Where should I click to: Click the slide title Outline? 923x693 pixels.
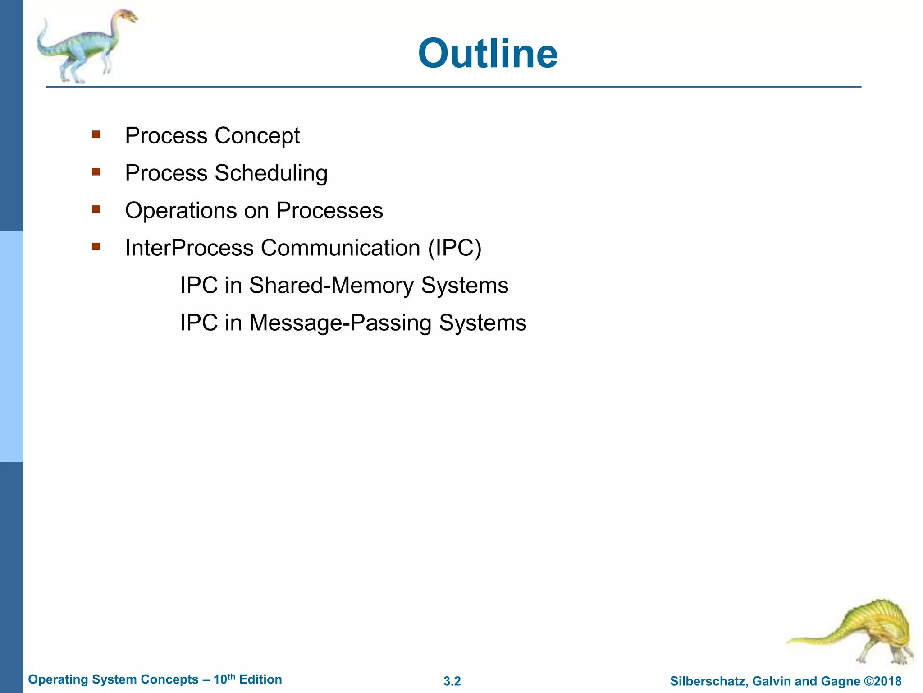pos(488,54)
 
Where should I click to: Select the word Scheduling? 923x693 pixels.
pos(271,174)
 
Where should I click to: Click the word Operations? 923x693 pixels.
pos(181,211)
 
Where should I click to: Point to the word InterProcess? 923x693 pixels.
pos(189,248)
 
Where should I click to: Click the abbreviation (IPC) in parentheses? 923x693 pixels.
pos(454,248)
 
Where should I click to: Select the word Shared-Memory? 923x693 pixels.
pos(331,286)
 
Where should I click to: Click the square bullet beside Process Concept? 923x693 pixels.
pos(96,134)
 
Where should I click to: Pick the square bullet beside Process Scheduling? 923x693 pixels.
pos(96,172)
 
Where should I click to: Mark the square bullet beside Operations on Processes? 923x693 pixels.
pos(96,209)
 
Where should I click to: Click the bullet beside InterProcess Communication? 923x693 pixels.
pos(96,247)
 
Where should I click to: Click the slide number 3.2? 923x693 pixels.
pos(452,681)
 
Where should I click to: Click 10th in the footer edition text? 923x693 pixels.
pos(224,679)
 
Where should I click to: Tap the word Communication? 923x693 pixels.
pos(340,248)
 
